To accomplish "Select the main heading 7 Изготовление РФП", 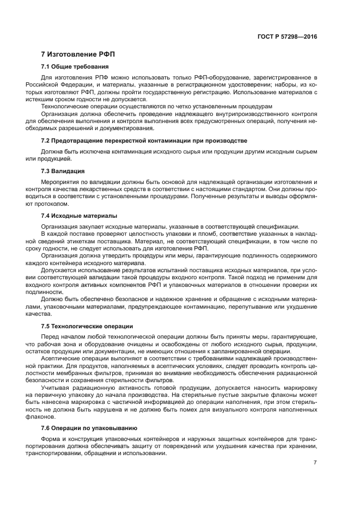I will [x=78, y=54].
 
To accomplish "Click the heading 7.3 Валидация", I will [x=63, y=171].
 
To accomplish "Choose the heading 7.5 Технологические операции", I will [x=87, y=326].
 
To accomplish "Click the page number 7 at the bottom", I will [x=315, y=462].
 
